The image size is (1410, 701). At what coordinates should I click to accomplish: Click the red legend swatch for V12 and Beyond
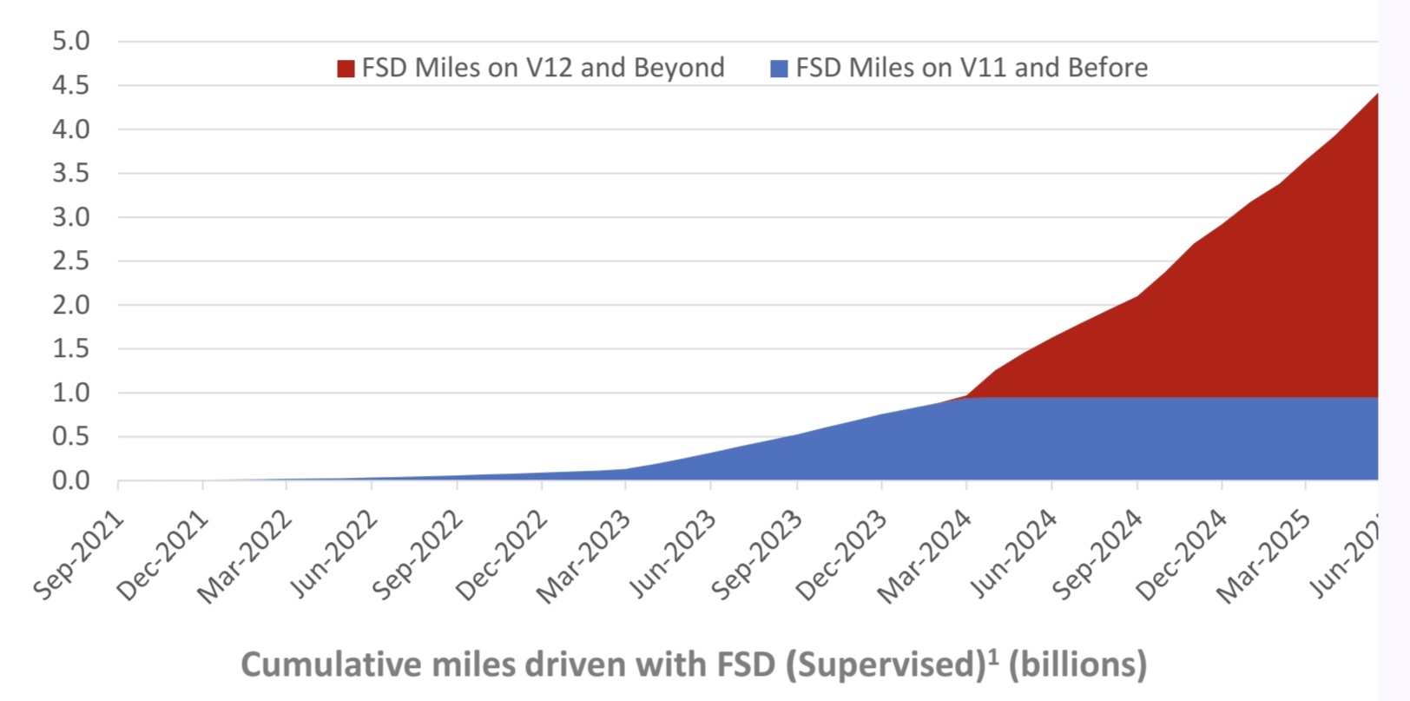(x=346, y=69)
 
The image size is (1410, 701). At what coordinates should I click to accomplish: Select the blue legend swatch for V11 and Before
(x=779, y=69)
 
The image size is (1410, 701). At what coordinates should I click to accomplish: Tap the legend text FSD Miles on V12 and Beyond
(x=543, y=68)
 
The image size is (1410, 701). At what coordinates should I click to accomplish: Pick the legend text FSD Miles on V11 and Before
(x=972, y=68)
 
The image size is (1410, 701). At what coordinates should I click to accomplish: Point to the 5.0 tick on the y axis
(x=71, y=41)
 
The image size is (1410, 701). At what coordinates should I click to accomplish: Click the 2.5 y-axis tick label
(x=71, y=261)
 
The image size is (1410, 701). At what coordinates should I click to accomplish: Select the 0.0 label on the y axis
(x=71, y=480)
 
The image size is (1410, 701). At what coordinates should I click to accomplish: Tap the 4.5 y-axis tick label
(x=71, y=85)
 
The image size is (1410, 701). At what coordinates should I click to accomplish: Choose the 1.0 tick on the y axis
(x=71, y=393)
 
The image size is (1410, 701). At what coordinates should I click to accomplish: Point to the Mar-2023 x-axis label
(x=583, y=558)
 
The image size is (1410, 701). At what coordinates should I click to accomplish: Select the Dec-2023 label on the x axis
(x=840, y=558)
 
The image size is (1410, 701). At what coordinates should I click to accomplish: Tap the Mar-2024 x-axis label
(x=925, y=558)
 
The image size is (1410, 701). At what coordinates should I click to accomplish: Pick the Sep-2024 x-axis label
(x=1096, y=558)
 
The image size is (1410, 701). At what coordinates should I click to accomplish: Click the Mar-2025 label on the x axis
(x=1264, y=558)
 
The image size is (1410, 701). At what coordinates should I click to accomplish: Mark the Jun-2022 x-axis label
(x=333, y=558)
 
